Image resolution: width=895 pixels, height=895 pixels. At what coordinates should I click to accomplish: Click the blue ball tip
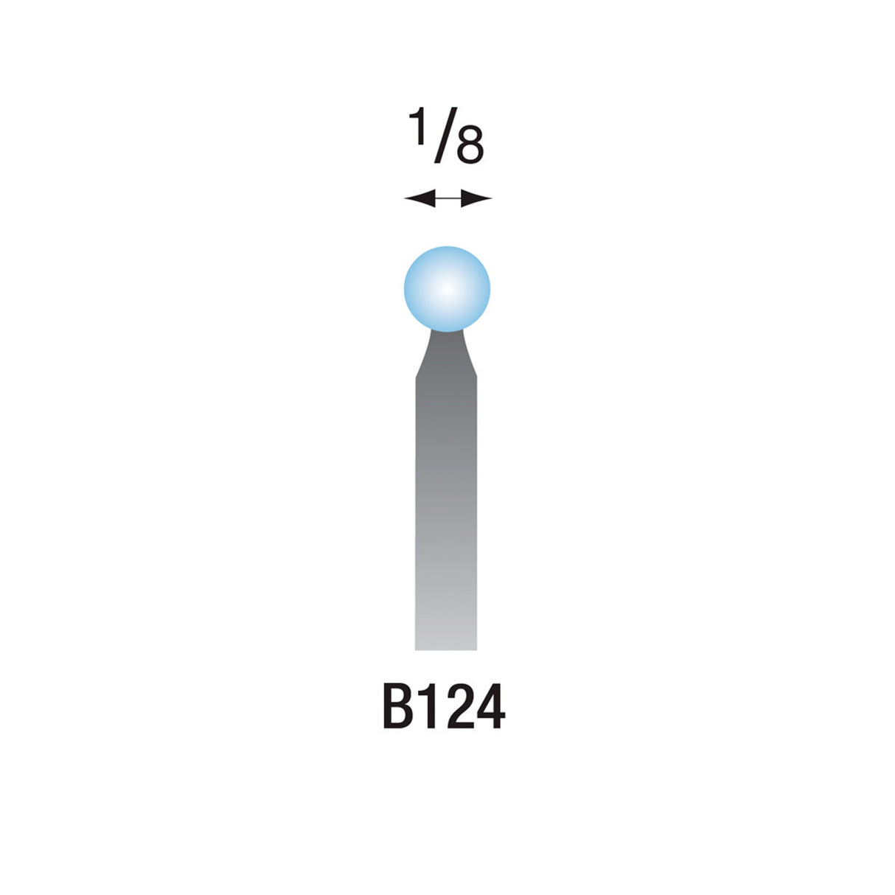point(447,289)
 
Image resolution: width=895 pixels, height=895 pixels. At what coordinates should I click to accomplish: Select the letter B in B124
point(398,707)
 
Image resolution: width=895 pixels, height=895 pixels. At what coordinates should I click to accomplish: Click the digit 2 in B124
point(457,707)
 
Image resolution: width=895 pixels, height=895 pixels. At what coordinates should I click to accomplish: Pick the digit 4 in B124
point(489,707)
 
